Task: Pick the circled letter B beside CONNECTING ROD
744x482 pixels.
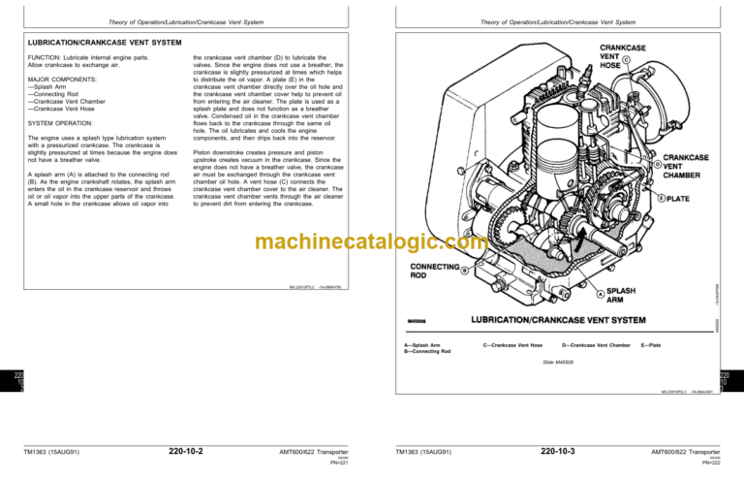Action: click(x=466, y=271)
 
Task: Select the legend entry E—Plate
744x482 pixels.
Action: click(x=650, y=344)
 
